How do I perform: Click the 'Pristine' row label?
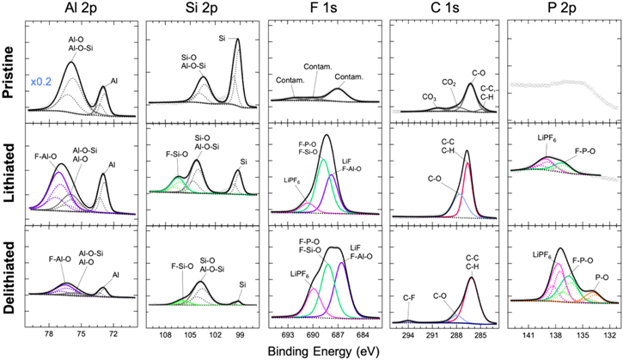tap(11, 66)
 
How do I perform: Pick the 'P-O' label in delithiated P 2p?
tap(596, 277)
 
